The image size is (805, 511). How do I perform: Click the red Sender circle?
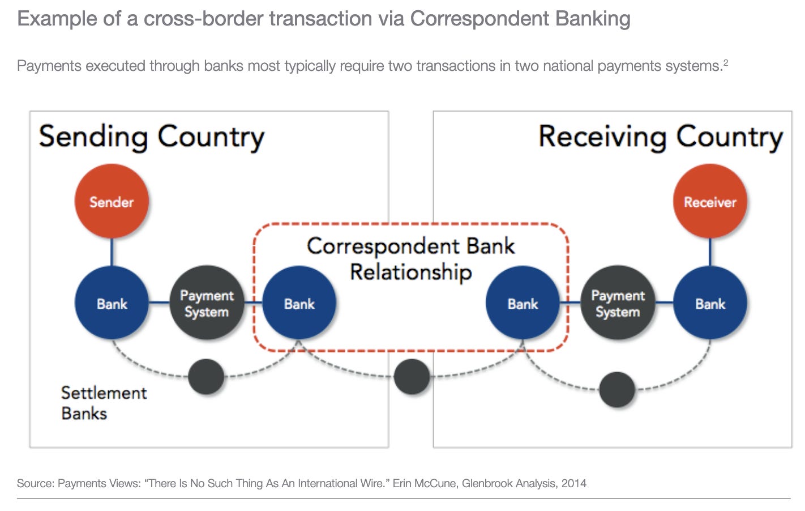tap(112, 201)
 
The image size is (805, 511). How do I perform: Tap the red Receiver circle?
tap(710, 201)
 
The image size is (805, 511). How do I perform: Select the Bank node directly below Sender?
tap(112, 303)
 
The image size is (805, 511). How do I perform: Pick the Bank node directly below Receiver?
tap(710, 303)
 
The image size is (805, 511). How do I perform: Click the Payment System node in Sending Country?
tap(207, 303)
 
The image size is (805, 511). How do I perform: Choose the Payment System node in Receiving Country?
tap(618, 303)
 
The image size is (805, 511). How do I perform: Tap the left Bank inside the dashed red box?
tap(299, 303)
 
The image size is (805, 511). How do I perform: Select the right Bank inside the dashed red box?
tap(523, 303)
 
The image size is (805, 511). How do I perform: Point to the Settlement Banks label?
tap(103, 403)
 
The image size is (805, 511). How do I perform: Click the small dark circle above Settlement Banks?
tap(206, 377)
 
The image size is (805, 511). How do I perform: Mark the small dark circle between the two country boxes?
tap(412, 377)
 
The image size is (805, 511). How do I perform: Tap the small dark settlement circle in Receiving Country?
tap(617, 390)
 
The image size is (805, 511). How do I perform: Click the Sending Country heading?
tap(151, 138)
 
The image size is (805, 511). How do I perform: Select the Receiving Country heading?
tap(661, 138)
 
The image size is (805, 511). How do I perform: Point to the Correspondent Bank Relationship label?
tap(411, 258)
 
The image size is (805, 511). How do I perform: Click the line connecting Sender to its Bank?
tap(112, 252)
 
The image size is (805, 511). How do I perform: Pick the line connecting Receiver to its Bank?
tap(710, 252)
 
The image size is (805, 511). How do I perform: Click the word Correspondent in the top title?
tap(479, 19)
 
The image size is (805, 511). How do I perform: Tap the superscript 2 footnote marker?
tap(725, 62)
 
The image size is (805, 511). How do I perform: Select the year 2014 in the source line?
tap(573, 483)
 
